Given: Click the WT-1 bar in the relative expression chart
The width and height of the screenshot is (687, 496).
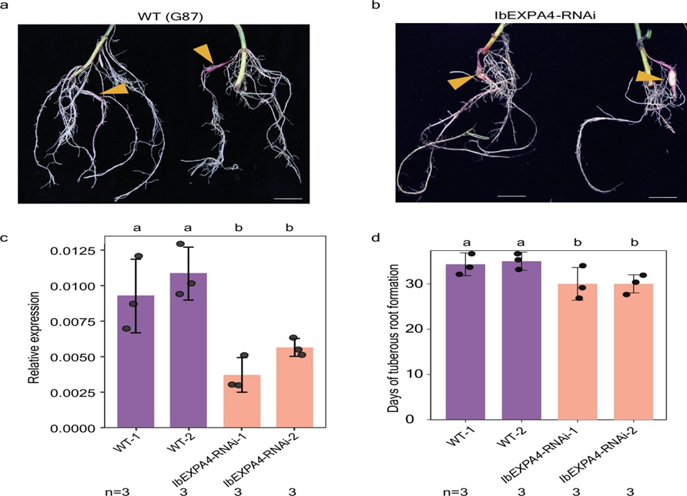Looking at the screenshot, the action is click(136, 361).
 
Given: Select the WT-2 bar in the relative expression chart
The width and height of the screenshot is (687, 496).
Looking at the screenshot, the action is click(189, 350).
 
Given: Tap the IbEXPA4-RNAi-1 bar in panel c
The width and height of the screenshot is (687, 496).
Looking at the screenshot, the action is click(242, 401).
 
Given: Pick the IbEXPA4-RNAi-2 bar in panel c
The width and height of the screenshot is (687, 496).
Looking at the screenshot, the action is click(295, 387).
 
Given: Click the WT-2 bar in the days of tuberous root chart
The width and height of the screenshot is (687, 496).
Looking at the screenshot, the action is click(522, 340).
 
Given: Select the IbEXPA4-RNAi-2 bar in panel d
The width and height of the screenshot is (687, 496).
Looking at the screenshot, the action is click(634, 351).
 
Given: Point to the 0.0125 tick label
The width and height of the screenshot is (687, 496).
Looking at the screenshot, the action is click(72, 250).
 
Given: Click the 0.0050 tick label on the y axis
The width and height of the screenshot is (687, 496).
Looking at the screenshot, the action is click(72, 357).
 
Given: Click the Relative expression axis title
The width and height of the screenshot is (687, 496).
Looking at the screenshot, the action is click(33, 338).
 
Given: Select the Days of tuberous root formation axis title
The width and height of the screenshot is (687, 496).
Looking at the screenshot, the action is click(393, 338).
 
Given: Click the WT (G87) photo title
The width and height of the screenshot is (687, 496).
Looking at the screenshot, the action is click(170, 17).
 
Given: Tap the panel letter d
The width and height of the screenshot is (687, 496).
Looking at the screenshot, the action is click(376, 238).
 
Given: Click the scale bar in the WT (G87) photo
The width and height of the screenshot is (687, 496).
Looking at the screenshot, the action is click(288, 199).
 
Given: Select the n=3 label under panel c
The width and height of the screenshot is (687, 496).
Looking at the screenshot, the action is click(117, 491).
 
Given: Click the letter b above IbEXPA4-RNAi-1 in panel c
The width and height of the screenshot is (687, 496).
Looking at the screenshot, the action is click(239, 227).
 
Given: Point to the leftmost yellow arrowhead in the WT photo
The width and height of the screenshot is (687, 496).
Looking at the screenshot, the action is click(115, 89).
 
